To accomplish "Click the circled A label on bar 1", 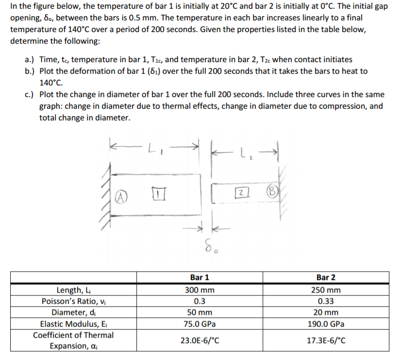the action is pos(121,197).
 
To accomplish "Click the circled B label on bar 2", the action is pos(272,192).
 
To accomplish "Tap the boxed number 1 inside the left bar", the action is pos(158,194).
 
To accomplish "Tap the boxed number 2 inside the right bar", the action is pos(242,193).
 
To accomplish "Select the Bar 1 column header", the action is pos(200,278).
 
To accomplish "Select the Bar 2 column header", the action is pos(326,278).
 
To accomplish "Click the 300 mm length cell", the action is pos(200,290).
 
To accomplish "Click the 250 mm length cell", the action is pos(326,290).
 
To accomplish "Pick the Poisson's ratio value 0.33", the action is pos(326,301).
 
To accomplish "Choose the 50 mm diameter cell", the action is pos(200,312).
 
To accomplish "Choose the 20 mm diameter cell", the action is pos(326,312).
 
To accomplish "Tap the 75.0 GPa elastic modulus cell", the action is pos(200,324).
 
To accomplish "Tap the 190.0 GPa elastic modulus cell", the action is pos(326,324).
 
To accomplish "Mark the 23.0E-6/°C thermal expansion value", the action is pos(200,341).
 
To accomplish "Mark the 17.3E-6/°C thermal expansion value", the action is pos(326,341).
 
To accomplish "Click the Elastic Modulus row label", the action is pos(73,324).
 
